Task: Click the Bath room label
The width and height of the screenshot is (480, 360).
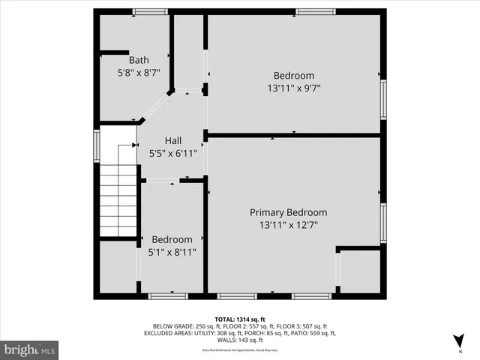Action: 139,60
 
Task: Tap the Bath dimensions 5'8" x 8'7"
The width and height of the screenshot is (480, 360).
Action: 139,73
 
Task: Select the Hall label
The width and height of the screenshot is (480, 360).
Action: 173,140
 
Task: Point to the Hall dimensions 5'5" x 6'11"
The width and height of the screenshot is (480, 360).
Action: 173,153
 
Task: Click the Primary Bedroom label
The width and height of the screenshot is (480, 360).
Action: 288,212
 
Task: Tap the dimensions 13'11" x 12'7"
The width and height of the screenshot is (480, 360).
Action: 288,225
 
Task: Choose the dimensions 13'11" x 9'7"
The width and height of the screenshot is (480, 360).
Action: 293,88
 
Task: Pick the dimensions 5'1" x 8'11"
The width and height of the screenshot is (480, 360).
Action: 173,253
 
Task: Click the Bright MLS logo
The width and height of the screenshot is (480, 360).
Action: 29,349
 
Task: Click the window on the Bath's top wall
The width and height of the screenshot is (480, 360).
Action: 150,11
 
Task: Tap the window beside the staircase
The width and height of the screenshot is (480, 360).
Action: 96,145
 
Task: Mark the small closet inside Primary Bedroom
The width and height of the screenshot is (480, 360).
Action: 360,271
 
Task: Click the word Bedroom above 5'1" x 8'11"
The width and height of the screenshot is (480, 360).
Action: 172,240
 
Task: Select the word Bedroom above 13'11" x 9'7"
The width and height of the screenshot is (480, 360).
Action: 293,76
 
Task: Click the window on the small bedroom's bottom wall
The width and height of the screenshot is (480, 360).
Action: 167,296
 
